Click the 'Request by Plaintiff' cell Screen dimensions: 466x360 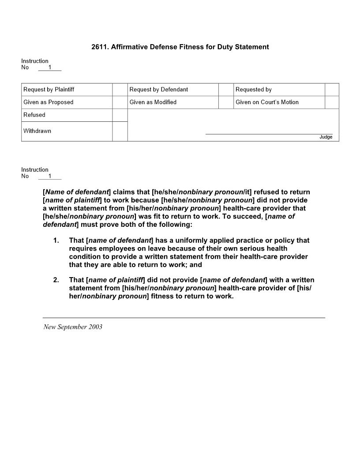click(49, 90)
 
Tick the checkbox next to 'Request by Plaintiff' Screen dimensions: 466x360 click(120, 90)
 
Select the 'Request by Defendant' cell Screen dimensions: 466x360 click(159, 90)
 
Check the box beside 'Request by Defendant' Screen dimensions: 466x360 click(226, 90)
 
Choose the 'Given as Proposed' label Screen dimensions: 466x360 click(49, 102)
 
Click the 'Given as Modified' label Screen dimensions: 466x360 click(153, 102)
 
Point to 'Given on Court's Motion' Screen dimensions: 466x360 click(267, 102)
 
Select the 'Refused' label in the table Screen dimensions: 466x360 click(34, 115)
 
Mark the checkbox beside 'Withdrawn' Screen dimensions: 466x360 click(120, 132)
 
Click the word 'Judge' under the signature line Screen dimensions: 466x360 click(326, 137)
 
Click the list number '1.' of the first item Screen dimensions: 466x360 click(56, 241)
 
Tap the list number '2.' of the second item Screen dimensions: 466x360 click(56, 280)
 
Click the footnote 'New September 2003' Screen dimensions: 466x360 click(73, 327)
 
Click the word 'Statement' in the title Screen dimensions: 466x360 click(252, 47)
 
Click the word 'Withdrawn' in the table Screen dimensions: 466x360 click(37, 131)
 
